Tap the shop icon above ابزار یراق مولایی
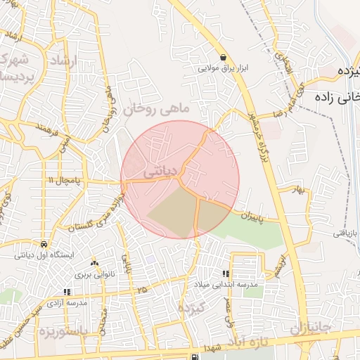(223, 58)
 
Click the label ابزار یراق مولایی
(224, 69)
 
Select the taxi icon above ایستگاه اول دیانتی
(44, 244)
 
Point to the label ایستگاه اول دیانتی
(44, 255)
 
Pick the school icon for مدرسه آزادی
(67, 292)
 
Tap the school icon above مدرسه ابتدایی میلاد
(226, 274)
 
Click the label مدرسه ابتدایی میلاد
(227, 285)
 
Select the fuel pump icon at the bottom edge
(194, 356)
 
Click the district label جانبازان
(310, 328)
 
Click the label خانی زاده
(338, 96)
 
